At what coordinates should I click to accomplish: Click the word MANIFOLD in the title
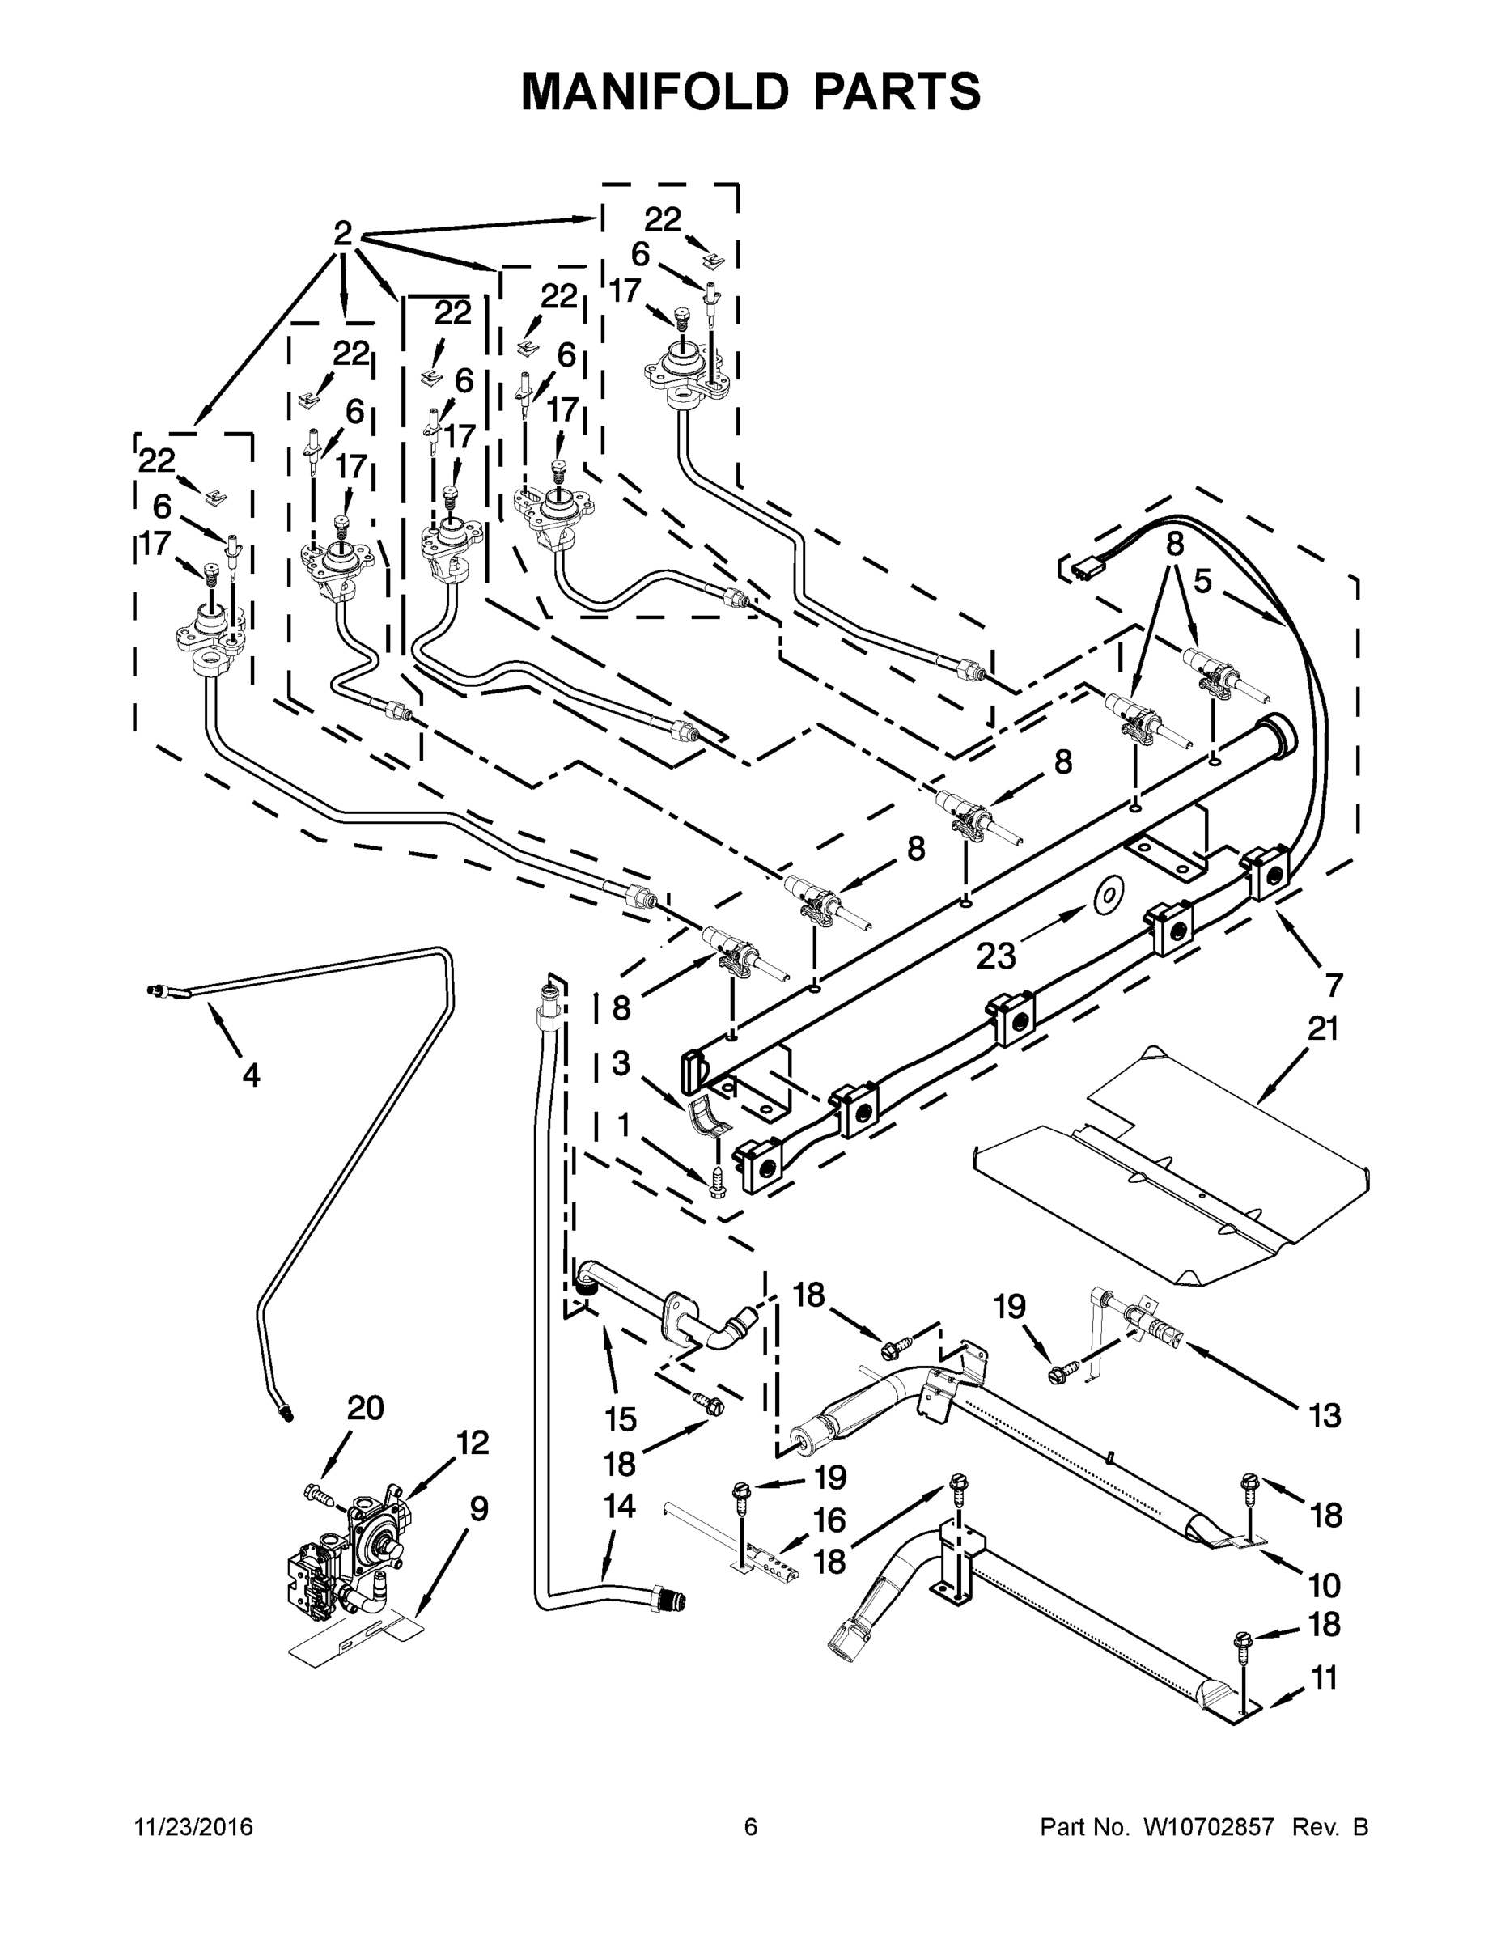click(x=654, y=91)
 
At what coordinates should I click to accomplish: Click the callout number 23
click(x=995, y=956)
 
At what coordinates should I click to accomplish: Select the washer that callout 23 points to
click(x=1105, y=897)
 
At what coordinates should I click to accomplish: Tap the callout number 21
click(x=1322, y=1028)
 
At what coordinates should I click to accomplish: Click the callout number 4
click(x=251, y=1075)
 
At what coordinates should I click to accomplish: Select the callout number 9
click(x=478, y=1508)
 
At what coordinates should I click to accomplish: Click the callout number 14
click(x=619, y=1505)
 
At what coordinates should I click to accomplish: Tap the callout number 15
click(x=620, y=1418)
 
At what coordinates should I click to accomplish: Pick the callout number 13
click(x=1324, y=1414)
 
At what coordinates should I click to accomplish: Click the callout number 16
click(x=829, y=1520)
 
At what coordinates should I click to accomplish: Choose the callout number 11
click(x=1324, y=1678)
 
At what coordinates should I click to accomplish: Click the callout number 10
click(x=1324, y=1584)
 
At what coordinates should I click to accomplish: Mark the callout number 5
click(x=1202, y=582)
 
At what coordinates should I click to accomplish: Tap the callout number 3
click(x=621, y=1062)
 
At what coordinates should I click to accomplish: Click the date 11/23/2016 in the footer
click(x=193, y=1827)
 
